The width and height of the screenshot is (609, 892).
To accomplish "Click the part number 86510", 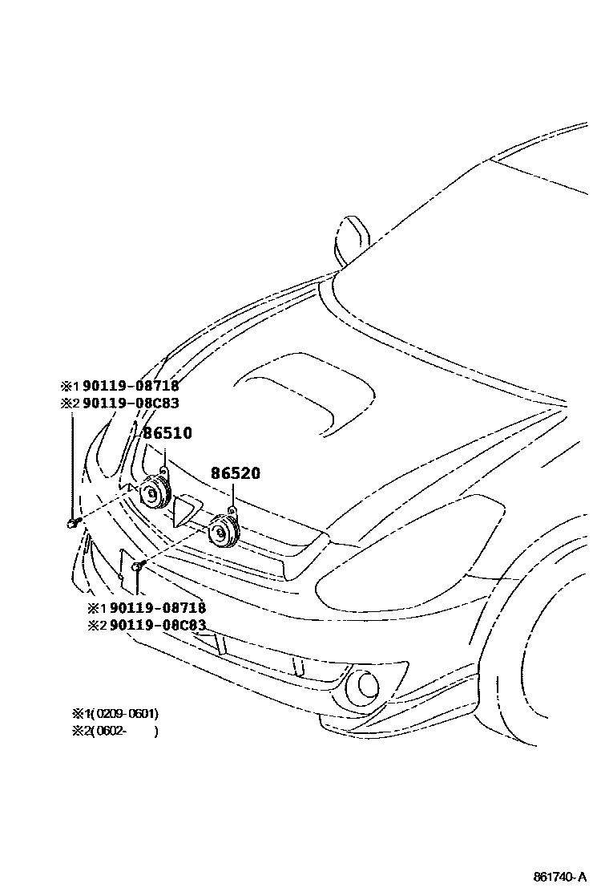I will (x=167, y=433).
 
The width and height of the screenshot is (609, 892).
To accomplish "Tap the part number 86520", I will (x=236, y=473).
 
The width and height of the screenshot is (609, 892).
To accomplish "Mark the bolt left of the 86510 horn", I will (x=72, y=524).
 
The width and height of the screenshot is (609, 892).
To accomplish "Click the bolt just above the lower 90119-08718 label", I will (x=137, y=568).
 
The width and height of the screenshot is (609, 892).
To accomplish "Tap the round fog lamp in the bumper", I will (x=367, y=683).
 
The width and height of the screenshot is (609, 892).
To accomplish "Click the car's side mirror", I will (x=353, y=238).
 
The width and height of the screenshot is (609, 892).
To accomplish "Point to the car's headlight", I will (x=417, y=545).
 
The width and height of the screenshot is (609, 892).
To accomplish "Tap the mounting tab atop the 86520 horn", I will (x=230, y=510).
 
